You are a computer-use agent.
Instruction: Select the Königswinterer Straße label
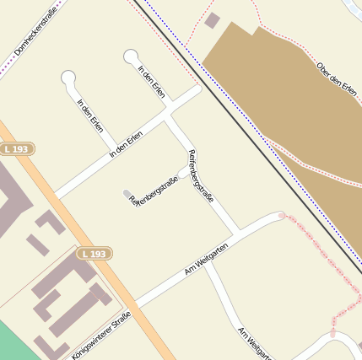[102, 335]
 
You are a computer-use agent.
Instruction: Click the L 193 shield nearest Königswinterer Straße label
[95, 253]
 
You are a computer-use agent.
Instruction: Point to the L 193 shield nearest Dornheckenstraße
[17, 149]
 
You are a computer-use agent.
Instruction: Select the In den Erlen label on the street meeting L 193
[126, 144]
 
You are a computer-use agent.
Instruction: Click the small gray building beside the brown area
[213, 20]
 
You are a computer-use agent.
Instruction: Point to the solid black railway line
[253, 126]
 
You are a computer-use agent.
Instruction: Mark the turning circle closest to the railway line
[131, 56]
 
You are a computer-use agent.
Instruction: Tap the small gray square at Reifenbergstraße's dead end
[127, 194]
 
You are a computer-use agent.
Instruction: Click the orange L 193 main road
[127, 295]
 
